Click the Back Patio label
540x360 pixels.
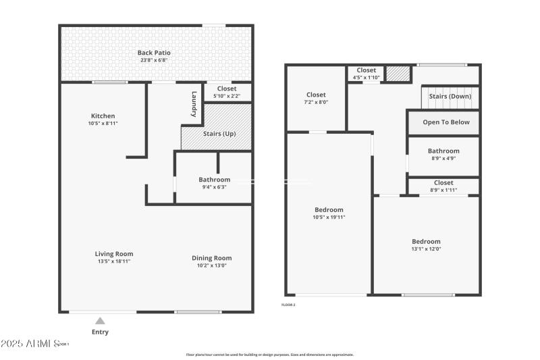click(x=154, y=53)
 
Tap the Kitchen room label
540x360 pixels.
click(x=103, y=115)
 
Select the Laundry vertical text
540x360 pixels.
click(x=194, y=105)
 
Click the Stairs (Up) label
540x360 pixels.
click(x=219, y=134)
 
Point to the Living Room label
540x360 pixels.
click(x=113, y=254)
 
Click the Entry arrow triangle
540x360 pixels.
click(x=100, y=321)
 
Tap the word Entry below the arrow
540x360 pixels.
click(x=100, y=332)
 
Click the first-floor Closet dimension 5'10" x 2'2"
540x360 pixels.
click(x=226, y=96)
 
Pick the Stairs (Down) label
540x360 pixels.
click(x=450, y=97)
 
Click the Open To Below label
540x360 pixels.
click(x=446, y=122)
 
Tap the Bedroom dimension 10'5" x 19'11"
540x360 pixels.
click(x=329, y=217)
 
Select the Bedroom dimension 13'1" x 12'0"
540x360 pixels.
click(x=426, y=249)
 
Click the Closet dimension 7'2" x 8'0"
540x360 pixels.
click(x=316, y=103)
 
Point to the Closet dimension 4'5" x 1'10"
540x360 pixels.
click(x=366, y=78)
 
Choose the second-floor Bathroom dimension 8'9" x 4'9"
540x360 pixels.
click(x=443, y=159)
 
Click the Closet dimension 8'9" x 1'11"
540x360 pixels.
click(x=443, y=190)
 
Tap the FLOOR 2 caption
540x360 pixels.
click(x=288, y=305)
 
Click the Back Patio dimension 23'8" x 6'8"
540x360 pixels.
click(x=154, y=60)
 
